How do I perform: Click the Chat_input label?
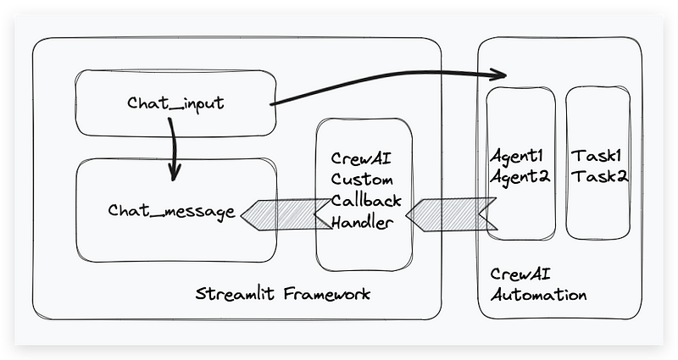coord(175,103)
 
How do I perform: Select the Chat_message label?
coord(171,211)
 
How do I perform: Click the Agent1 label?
coord(520,157)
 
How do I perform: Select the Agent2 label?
coord(520,177)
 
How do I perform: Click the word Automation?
coord(538,296)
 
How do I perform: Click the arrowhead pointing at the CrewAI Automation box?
coord(497,75)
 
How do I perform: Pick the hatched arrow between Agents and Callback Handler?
coord(449,213)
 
